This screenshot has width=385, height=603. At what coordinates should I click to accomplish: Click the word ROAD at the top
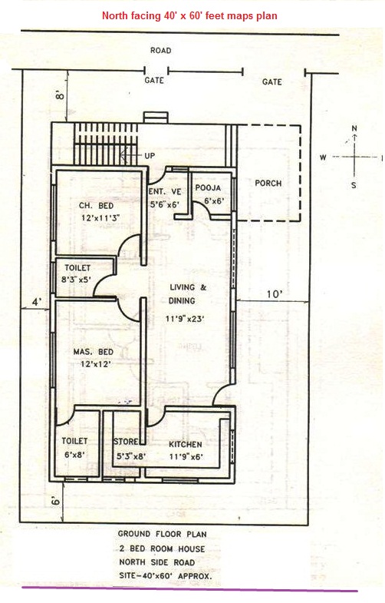tap(161, 51)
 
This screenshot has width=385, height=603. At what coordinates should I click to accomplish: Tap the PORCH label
tap(268, 184)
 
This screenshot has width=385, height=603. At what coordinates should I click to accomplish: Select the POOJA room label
tap(208, 187)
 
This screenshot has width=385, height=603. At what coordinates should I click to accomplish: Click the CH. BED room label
tap(96, 206)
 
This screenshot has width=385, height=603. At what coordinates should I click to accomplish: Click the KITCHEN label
tap(186, 445)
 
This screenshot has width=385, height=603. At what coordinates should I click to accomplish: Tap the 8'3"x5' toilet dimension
tap(78, 280)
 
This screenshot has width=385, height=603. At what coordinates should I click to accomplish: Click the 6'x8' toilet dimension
tap(76, 455)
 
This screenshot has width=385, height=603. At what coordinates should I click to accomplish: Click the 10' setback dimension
tap(272, 293)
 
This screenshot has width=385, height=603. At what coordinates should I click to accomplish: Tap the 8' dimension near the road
tap(57, 97)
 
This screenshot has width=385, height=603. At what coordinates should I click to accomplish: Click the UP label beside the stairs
tap(150, 156)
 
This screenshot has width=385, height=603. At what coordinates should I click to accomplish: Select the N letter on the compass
tap(354, 128)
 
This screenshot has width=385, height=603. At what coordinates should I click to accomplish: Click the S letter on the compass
tap(354, 185)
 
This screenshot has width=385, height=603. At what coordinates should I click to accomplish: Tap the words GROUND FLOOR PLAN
tap(163, 533)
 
